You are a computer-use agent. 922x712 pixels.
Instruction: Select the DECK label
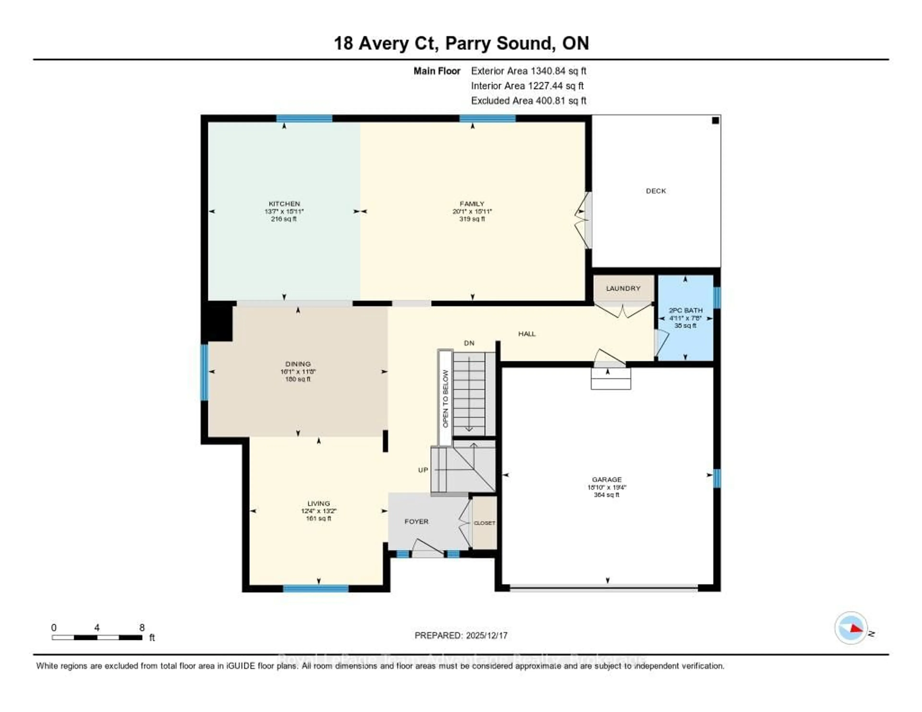656,191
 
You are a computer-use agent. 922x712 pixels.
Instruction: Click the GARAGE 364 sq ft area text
607,495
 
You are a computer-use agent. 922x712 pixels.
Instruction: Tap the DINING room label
298,364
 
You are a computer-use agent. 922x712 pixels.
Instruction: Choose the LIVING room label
318,503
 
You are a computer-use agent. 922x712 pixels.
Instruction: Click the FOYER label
416,522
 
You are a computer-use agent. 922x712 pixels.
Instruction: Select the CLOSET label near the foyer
484,523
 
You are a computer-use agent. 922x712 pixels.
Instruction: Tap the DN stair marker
469,343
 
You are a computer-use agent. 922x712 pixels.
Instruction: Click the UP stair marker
423,470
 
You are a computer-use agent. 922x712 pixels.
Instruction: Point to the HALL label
527,334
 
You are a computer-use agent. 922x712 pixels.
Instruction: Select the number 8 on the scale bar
142,628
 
